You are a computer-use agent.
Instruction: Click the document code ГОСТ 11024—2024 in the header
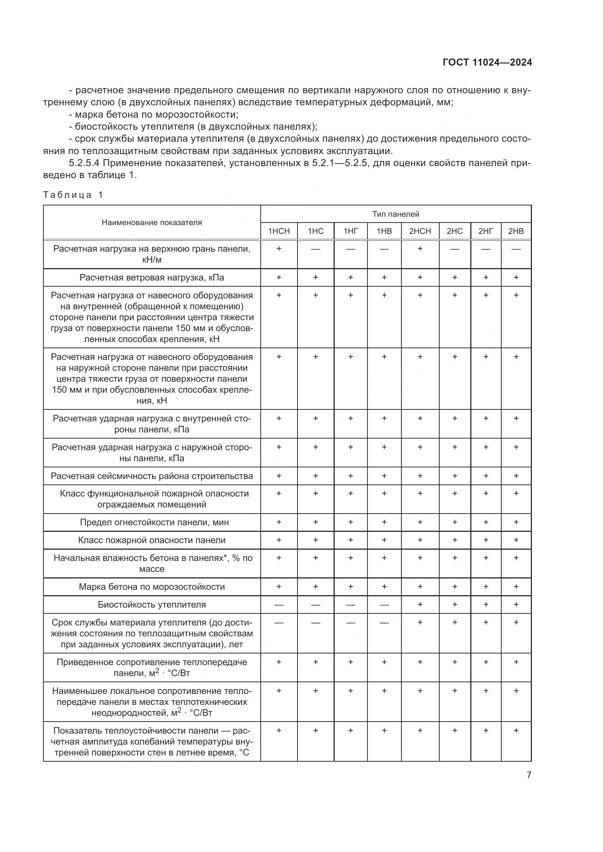coord(487,62)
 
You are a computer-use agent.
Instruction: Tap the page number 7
coord(529,775)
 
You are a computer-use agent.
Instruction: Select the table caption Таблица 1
coord(73,195)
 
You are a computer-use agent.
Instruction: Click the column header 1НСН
coord(279,231)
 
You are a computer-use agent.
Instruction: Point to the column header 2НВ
coord(516,231)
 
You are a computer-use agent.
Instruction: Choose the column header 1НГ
coord(350,231)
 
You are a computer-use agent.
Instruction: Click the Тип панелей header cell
coord(396,214)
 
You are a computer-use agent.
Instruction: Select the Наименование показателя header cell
coord(152,223)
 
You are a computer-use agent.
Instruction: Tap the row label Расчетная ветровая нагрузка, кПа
coord(152,278)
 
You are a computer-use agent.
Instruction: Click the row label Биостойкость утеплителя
coord(152,605)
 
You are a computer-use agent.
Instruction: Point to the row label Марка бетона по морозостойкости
coord(152,587)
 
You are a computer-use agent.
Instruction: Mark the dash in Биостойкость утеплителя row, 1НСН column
coord(279,605)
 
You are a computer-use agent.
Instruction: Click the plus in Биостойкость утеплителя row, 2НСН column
coord(420,604)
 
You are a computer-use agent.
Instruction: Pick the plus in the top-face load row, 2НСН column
coord(420,249)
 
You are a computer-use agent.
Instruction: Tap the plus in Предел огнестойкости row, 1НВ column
coord(384,522)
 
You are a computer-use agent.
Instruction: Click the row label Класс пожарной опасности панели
coord(152,540)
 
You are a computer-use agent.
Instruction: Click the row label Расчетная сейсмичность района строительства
coord(152,476)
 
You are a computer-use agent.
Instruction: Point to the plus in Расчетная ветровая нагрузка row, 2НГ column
coord(486,277)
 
